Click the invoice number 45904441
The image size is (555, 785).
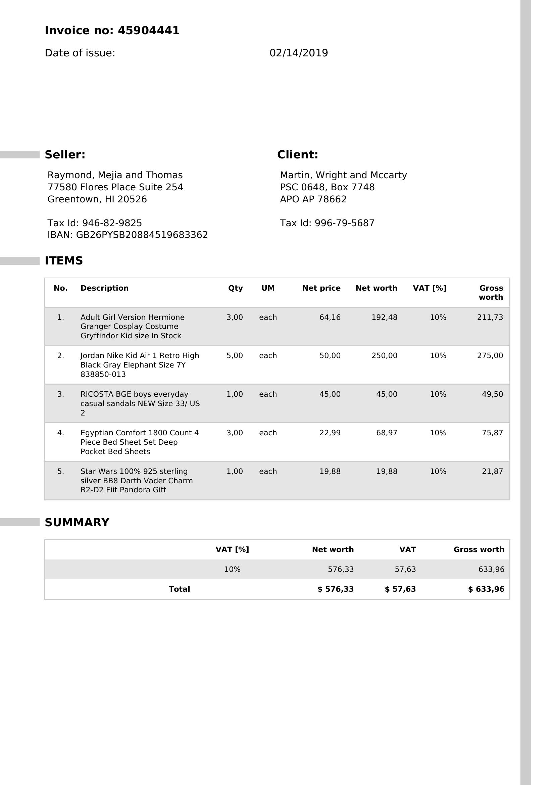tap(148, 31)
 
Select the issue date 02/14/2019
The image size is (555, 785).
tap(298, 53)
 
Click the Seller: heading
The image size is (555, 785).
tap(65, 154)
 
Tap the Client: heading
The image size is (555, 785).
tap(297, 154)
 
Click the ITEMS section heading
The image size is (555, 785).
tap(63, 260)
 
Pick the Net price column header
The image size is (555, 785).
tap(321, 288)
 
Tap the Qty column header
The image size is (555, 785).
tap(235, 288)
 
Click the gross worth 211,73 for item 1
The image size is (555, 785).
tap(490, 317)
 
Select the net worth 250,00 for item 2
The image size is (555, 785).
tap(384, 355)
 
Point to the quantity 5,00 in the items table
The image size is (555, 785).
tap(235, 355)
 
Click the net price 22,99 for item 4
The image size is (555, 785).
tap(330, 433)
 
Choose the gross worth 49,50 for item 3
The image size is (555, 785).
tap(492, 394)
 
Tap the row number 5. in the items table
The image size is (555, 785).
tap(60, 472)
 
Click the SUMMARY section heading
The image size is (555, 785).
tap(77, 523)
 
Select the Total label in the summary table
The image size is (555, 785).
tap(179, 589)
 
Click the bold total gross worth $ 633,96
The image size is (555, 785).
tap(486, 589)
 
